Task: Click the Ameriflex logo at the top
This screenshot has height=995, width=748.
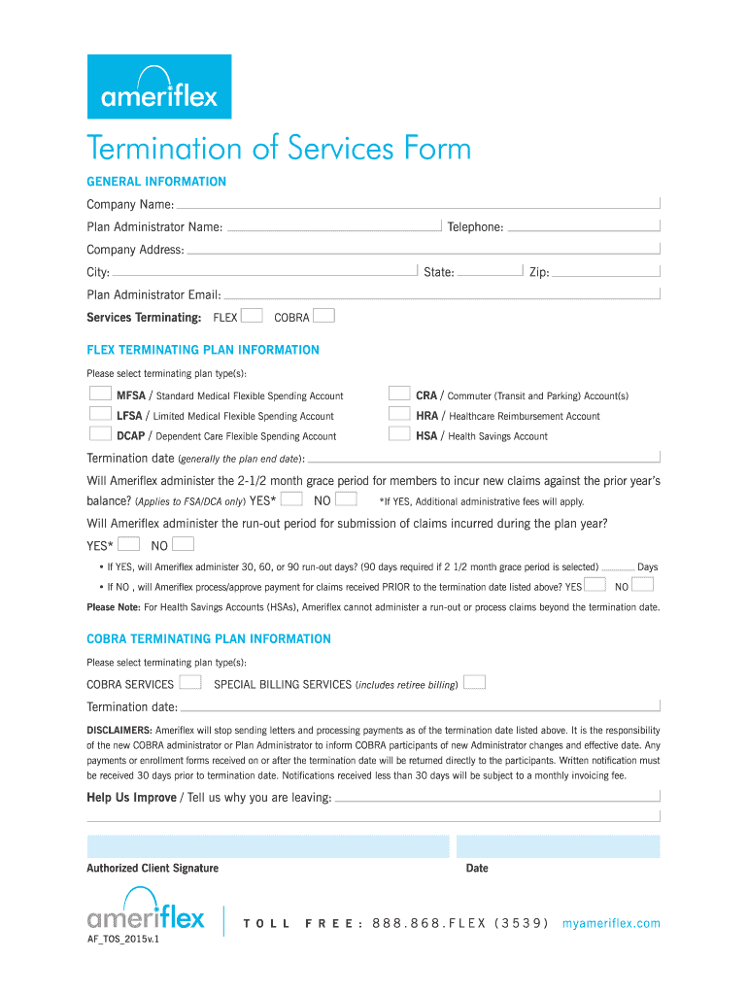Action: tap(159, 86)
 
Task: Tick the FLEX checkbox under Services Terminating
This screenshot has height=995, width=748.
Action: tap(252, 316)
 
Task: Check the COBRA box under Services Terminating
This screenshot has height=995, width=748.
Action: tap(324, 316)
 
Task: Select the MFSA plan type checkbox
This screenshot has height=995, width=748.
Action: tap(99, 395)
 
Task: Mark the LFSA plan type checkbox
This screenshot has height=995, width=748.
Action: tap(99, 415)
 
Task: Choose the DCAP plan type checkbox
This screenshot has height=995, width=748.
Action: tap(99, 435)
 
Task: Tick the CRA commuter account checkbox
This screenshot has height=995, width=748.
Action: tap(398, 395)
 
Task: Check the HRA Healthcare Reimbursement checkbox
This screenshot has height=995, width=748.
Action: tap(398, 415)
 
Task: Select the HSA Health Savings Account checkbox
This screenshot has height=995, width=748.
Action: tap(398, 435)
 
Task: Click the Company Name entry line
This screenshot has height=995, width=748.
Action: tap(418, 203)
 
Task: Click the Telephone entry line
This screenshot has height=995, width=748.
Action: tap(583, 226)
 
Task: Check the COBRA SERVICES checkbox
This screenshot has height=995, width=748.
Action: tap(190, 683)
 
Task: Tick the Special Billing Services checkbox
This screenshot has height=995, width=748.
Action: tap(474, 683)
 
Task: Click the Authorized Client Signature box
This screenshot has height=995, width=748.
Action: tap(268, 845)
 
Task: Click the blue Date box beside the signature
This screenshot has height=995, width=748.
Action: tap(559, 845)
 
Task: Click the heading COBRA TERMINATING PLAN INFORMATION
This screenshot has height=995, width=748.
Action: tap(209, 639)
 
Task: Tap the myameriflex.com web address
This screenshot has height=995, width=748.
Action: tap(611, 923)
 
